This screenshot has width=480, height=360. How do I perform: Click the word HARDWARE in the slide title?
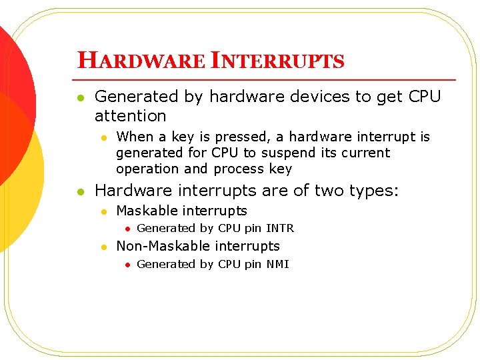141,61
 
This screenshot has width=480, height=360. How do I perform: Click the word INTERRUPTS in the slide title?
277,61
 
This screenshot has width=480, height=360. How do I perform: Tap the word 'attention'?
130,116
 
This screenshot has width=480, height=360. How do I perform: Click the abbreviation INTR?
279,228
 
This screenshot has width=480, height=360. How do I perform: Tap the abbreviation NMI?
277,264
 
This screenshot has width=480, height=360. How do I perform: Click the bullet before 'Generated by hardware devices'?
80,98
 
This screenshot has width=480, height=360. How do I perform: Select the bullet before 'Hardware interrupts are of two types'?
80,192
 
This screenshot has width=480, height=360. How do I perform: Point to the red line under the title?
267,80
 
